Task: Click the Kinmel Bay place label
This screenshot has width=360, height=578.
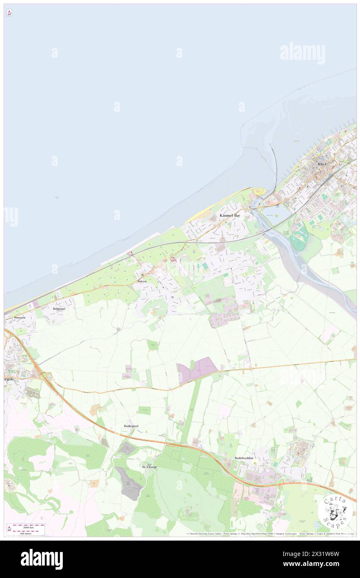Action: tap(230, 215)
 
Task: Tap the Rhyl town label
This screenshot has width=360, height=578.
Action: tap(322, 164)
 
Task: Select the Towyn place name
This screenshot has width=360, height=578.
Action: tap(142, 281)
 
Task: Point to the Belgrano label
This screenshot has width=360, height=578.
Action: tap(59, 309)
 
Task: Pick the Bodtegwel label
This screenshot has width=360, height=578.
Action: tap(131, 426)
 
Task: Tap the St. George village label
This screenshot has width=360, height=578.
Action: tap(149, 467)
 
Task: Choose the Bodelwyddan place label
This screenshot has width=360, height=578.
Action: tap(244, 458)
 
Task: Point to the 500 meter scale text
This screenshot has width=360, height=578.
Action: tap(29, 533)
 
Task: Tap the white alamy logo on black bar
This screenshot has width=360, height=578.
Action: tap(42, 559)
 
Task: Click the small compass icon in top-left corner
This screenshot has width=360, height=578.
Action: tap(9, 13)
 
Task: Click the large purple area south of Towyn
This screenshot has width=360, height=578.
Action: tap(197, 369)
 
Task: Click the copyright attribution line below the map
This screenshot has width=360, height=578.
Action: tap(270, 534)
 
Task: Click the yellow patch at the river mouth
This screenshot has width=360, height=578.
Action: tap(259, 192)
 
